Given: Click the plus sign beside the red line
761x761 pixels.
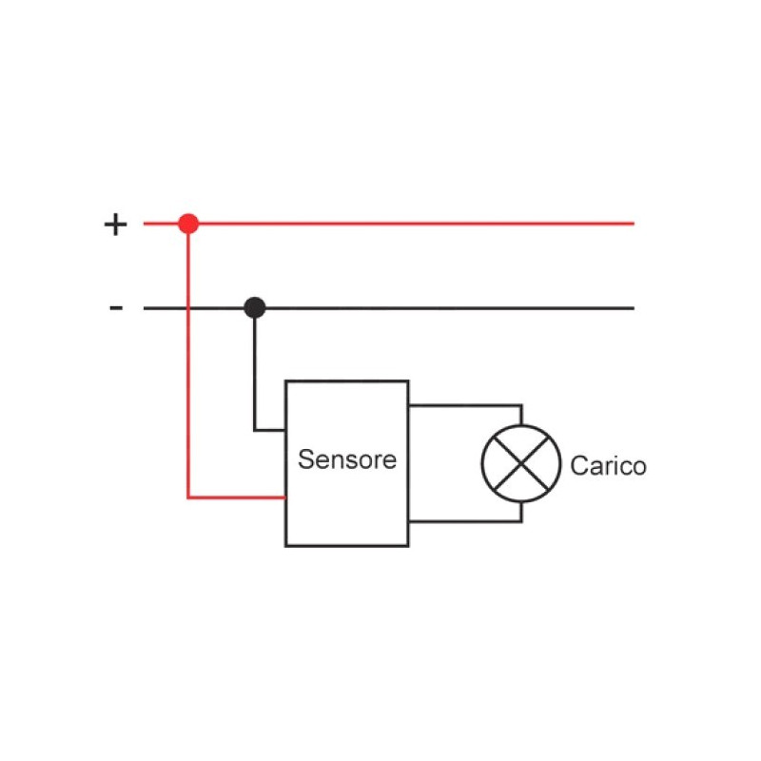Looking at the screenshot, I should (115, 224).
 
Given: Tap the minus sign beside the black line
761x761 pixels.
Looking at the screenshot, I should (116, 307).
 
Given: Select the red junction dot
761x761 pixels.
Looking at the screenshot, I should (188, 224).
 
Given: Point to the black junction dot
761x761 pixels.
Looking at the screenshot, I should (254, 307).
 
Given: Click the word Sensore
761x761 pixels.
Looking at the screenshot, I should (346, 460).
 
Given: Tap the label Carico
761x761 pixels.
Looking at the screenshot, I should (608, 466).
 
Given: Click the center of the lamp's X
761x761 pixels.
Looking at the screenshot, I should (520, 464).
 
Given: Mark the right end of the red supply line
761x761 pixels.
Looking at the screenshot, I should (633, 224).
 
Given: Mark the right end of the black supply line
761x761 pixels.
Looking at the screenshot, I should (633, 307).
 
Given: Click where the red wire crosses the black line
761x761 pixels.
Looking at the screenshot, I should (188, 307).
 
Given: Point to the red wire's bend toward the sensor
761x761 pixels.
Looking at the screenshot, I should (188, 497).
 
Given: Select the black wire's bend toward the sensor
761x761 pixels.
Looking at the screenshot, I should (254, 430).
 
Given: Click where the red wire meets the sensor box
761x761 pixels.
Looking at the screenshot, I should (285, 497).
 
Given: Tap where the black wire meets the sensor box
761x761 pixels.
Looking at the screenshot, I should (285, 430).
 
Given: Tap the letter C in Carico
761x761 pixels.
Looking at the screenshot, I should (578, 466).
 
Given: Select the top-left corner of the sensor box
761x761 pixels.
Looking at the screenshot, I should (286, 381).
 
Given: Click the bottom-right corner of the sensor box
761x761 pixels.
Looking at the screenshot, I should (408, 545).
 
